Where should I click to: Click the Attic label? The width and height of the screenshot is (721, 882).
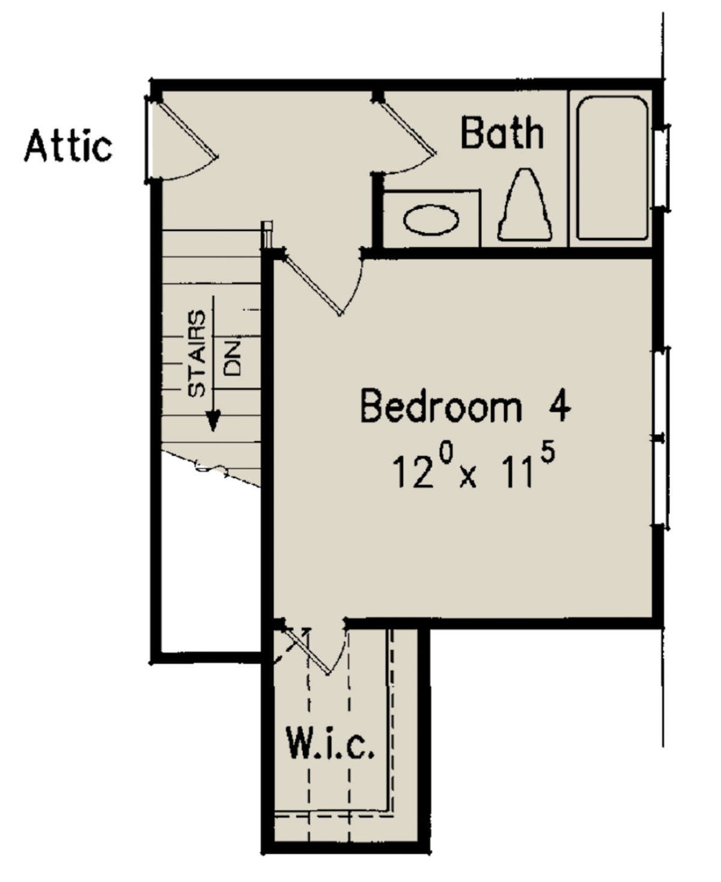coord(68,146)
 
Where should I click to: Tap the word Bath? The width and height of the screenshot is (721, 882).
coord(502,133)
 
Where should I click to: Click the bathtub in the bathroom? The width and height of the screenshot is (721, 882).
coord(612,169)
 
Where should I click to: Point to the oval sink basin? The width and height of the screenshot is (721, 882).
coord(431,220)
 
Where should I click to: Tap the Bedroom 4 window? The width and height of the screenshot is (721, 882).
coord(661,437)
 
